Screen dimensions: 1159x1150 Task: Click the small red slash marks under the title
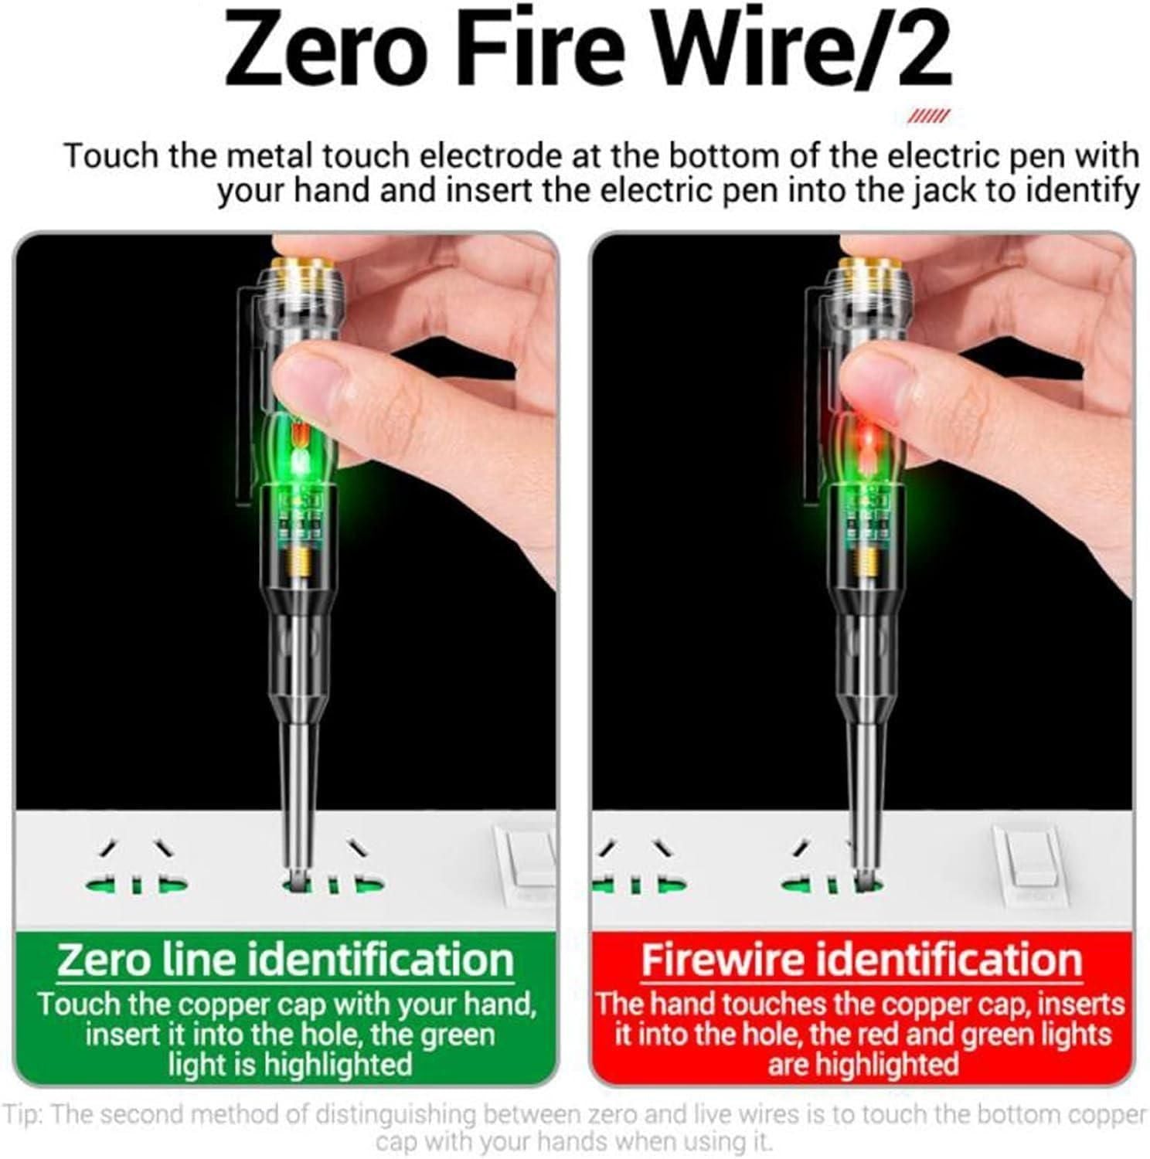point(927,117)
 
